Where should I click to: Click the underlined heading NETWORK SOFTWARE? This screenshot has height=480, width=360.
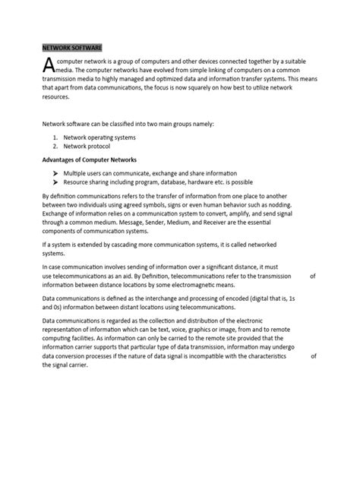(x=70, y=46)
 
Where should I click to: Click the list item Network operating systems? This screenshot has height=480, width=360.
(x=99, y=137)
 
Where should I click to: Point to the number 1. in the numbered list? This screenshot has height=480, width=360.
(x=55, y=137)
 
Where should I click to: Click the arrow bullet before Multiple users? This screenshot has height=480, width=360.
(x=56, y=174)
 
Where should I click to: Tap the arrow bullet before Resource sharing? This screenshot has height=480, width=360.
(x=56, y=183)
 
